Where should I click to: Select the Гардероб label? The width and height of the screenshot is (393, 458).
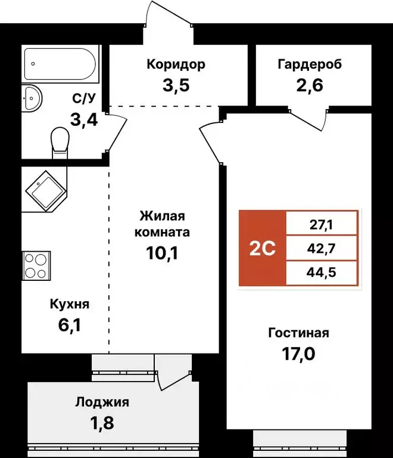(310, 64)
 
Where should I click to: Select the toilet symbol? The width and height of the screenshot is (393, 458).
(60, 143)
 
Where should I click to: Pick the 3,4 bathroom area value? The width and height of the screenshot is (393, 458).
(84, 119)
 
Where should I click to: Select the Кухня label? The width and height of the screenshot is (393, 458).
(69, 305)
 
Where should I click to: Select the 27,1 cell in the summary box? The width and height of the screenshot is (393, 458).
(322, 225)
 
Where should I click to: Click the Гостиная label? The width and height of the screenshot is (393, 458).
(298, 333)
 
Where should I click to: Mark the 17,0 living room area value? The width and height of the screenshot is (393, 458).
(298, 354)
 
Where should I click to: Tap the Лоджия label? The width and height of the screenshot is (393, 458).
(102, 402)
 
